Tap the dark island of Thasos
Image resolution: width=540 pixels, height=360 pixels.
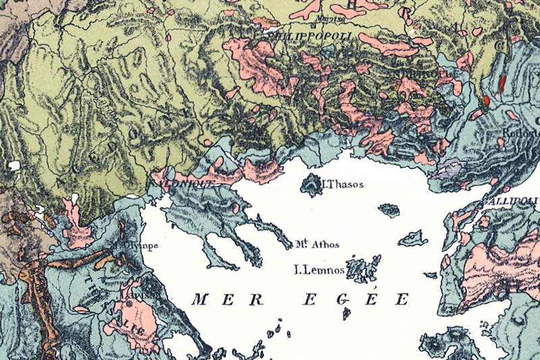tap(312, 184)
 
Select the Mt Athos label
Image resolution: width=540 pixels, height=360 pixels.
tap(317, 245)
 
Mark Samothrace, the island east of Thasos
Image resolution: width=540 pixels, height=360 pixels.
tap(389, 210)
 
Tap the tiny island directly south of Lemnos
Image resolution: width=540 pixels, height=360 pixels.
tap(346, 313)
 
